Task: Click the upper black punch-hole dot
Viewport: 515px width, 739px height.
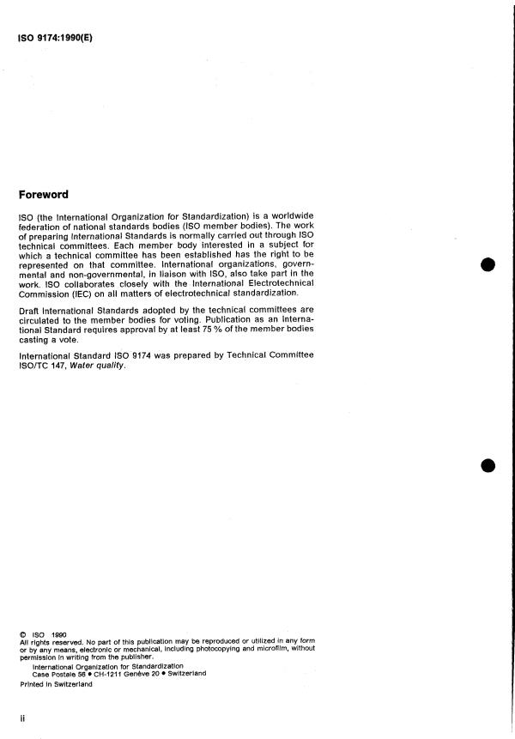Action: coord(488,263)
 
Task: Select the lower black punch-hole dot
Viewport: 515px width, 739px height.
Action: coord(488,465)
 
